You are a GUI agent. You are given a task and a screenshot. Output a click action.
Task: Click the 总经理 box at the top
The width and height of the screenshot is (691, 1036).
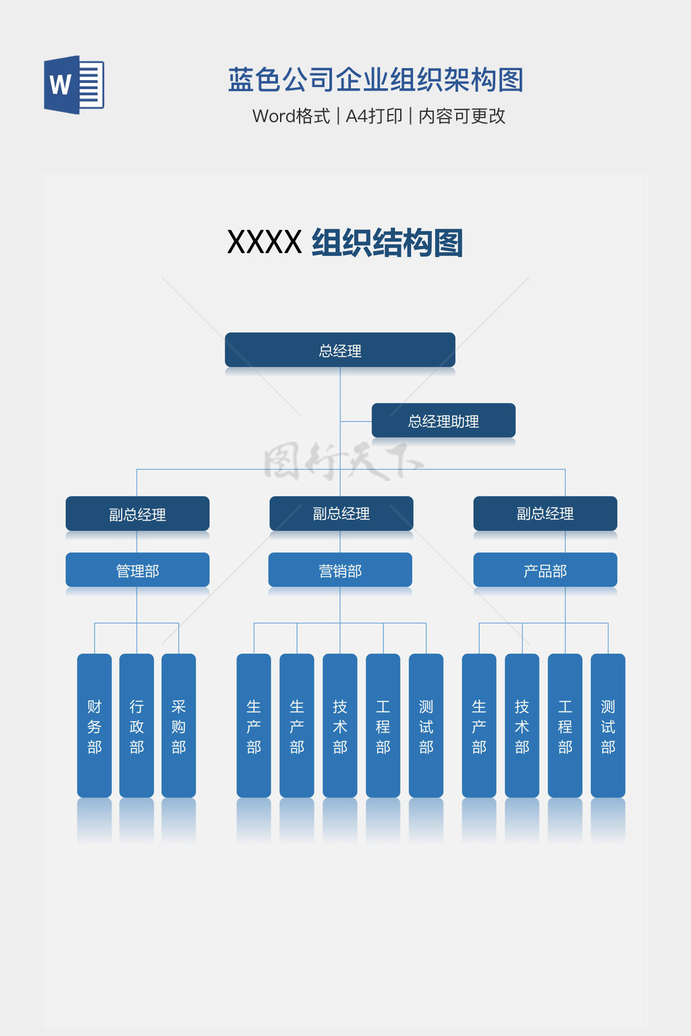click(340, 350)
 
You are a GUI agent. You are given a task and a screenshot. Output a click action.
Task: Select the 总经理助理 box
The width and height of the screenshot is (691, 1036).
click(443, 421)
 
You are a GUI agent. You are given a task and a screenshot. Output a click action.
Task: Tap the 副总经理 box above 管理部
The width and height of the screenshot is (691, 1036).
click(138, 514)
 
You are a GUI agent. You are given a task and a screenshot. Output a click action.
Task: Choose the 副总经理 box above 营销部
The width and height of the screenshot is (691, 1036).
click(341, 513)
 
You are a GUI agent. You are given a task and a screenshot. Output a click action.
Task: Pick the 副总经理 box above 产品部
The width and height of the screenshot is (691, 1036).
click(545, 513)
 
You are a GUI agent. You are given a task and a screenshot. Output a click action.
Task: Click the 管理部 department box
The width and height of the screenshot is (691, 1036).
click(138, 570)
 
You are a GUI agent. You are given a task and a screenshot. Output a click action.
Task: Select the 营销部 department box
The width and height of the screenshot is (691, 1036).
click(340, 570)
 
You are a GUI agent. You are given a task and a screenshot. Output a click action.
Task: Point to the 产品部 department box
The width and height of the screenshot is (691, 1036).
click(545, 570)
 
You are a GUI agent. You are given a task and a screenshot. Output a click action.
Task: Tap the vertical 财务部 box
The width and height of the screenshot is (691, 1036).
click(94, 726)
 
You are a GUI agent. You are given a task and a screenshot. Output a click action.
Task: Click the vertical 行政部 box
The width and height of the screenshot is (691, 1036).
click(136, 726)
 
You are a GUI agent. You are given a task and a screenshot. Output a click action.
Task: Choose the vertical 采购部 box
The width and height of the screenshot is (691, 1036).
click(179, 726)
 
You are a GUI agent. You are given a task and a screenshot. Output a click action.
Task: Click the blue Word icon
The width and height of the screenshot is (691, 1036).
click(74, 85)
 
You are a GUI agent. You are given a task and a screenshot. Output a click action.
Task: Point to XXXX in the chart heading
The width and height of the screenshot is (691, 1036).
click(264, 243)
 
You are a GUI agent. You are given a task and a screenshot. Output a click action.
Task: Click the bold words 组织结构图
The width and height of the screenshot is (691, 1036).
click(387, 243)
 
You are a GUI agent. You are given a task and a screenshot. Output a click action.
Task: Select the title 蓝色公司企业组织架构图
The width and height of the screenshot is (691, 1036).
click(375, 80)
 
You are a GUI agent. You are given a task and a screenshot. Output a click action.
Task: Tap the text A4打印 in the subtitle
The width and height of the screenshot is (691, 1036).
click(374, 116)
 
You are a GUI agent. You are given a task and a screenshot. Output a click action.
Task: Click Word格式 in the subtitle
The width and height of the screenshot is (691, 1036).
click(291, 116)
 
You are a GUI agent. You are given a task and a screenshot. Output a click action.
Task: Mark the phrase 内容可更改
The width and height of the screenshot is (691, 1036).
click(462, 116)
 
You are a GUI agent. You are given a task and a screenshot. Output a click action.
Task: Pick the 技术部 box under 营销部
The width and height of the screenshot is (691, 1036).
click(340, 726)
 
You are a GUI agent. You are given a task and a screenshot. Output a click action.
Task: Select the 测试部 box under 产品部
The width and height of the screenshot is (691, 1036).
click(608, 726)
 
